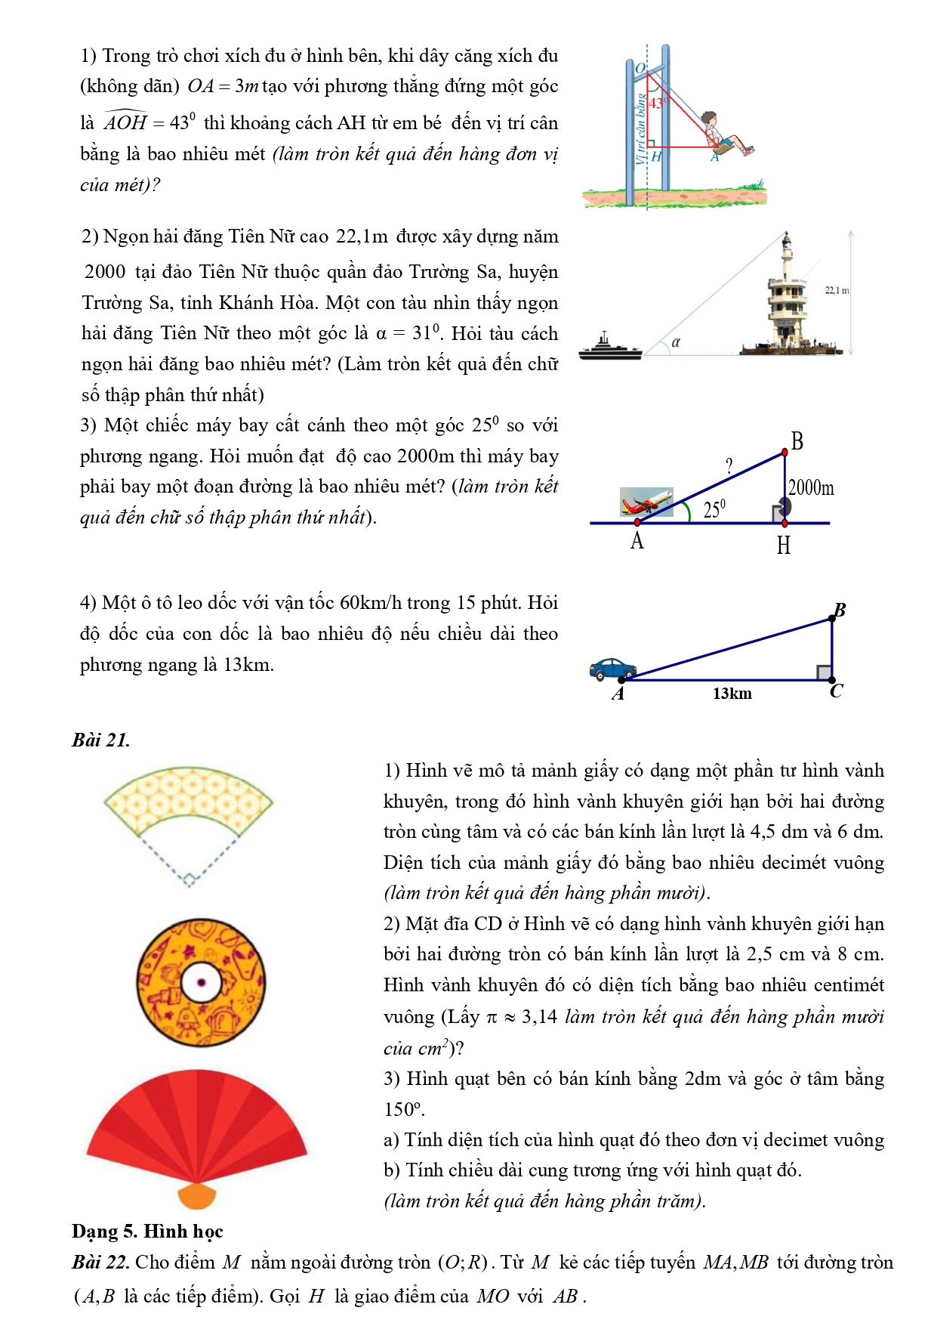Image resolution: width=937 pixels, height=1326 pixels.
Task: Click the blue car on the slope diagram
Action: (x=612, y=669)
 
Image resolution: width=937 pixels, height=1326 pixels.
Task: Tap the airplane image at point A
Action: (x=646, y=502)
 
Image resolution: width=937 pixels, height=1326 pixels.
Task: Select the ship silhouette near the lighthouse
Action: (x=609, y=348)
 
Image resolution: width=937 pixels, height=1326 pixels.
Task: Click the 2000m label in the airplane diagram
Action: (x=811, y=488)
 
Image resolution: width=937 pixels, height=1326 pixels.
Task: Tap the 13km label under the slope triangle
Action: (x=732, y=694)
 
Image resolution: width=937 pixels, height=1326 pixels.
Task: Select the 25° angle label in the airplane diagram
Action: (x=714, y=509)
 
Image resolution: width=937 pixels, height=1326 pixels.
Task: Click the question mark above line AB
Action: (x=729, y=466)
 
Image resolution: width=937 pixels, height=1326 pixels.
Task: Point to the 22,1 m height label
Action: (x=837, y=290)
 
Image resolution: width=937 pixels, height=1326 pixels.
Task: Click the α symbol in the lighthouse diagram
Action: (x=676, y=342)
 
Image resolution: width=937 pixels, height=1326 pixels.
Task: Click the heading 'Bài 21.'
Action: (x=101, y=740)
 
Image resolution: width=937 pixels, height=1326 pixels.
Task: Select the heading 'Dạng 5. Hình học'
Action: (x=147, y=1232)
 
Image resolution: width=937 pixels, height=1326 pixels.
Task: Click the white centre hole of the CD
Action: (x=202, y=982)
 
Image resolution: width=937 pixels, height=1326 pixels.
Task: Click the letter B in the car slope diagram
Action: (x=840, y=610)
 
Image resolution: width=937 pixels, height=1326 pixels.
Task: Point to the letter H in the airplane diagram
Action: (x=783, y=545)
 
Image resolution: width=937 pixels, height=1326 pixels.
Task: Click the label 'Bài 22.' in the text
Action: (x=102, y=1263)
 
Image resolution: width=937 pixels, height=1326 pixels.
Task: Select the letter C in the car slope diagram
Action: (x=836, y=691)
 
